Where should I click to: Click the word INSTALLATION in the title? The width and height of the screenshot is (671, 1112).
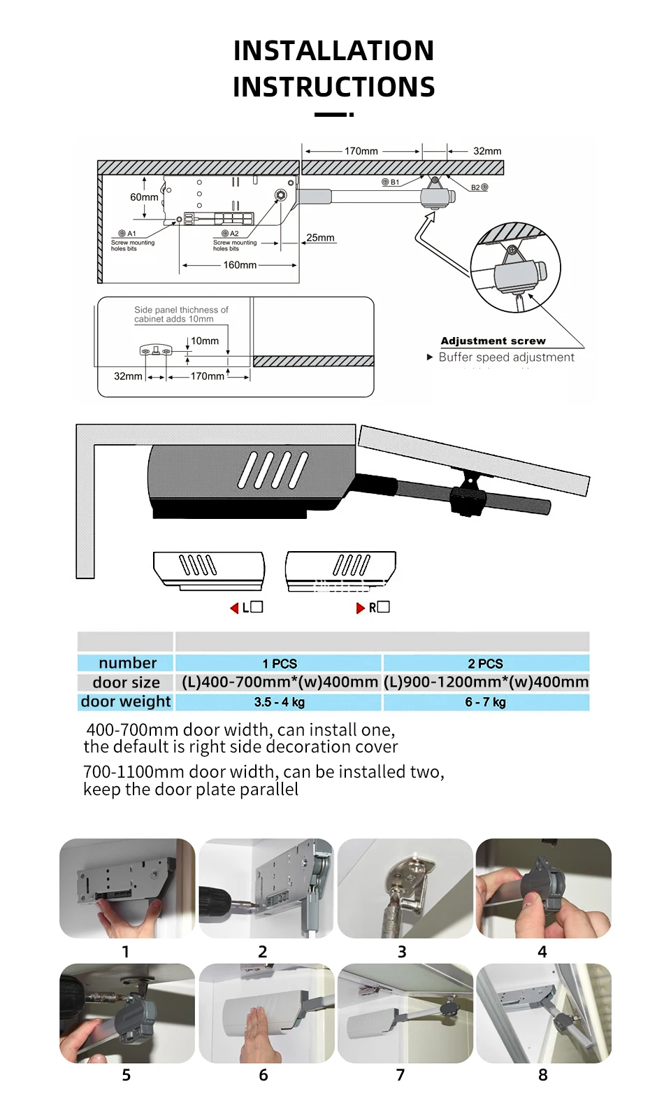tap(333, 51)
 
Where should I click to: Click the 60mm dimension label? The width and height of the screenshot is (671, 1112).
tap(144, 197)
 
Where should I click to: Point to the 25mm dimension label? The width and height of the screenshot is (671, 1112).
tap(320, 238)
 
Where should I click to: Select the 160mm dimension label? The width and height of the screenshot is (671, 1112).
tap(240, 265)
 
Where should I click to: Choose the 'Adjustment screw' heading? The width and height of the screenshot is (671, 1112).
tap(493, 341)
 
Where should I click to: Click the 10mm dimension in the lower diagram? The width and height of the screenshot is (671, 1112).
tap(205, 341)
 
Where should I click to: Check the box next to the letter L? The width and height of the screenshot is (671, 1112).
tap(257, 607)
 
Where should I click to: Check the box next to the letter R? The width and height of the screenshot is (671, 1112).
tap(383, 607)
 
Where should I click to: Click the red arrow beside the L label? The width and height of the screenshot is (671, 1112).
tap(235, 608)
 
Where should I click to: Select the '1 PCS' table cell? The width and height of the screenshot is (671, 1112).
tap(280, 663)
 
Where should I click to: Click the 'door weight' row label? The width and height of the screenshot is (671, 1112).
tap(126, 701)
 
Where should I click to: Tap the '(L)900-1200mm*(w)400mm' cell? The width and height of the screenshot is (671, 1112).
tap(486, 682)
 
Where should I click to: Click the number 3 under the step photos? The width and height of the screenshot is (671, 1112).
tap(402, 952)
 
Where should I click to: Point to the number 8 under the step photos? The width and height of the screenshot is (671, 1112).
tap(543, 1075)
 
